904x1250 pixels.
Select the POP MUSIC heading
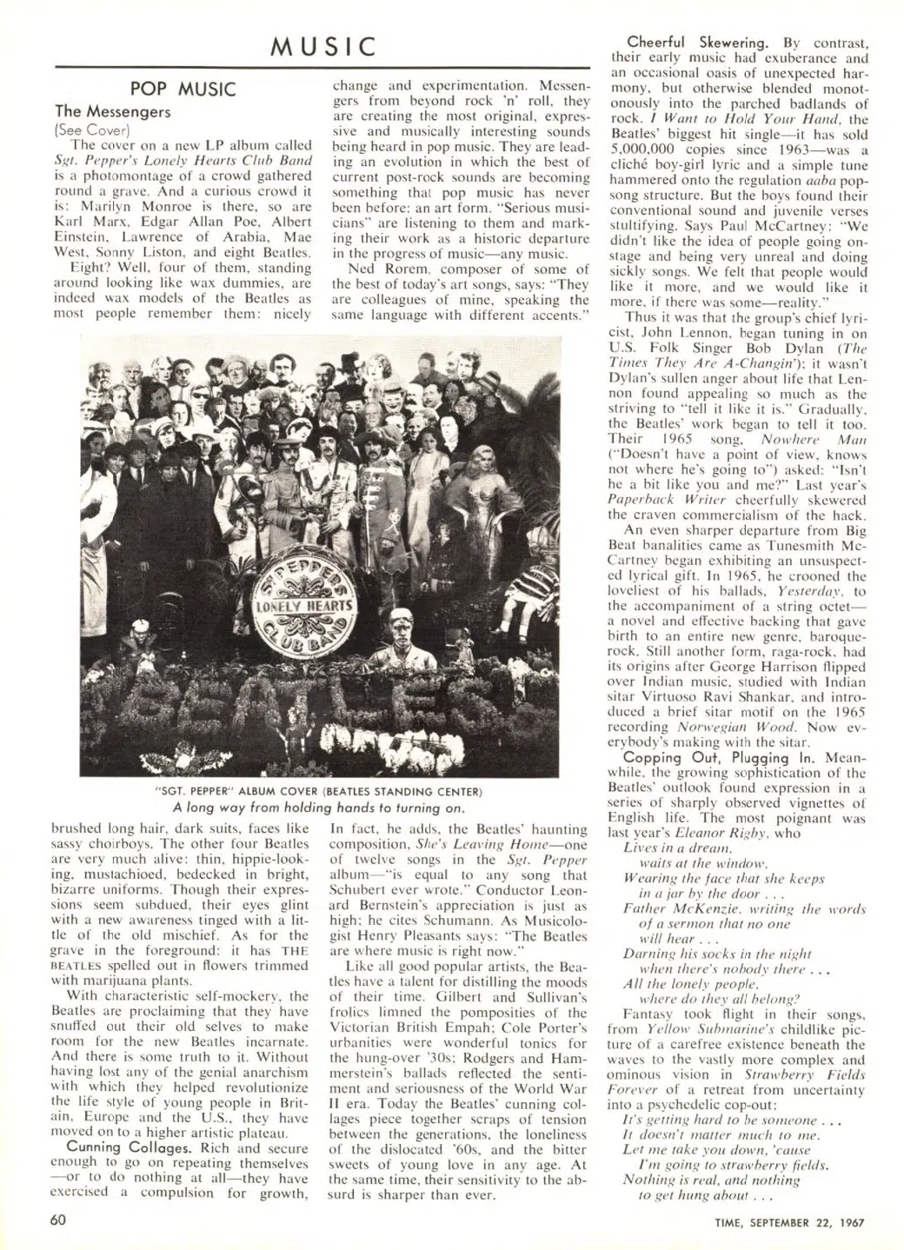click(183, 90)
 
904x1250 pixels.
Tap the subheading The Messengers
click(113, 111)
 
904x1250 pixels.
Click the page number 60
click(59, 1218)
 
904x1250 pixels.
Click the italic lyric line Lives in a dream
click(666, 848)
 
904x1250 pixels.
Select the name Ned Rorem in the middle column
click(382, 268)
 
